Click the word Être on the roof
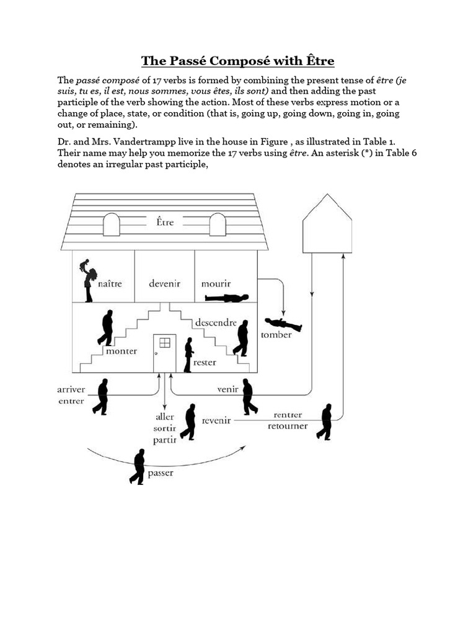pyautogui.click(x=164, y=221)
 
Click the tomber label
pyautogui.click(x=276, y=335)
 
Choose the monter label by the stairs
pyautogui.click(x=121, y=351)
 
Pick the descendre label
pyautogui.click(x=216, y=322)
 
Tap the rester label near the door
pyautogui.click(x=205, y=362)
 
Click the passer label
pyautogui.click(x=161, y=474)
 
